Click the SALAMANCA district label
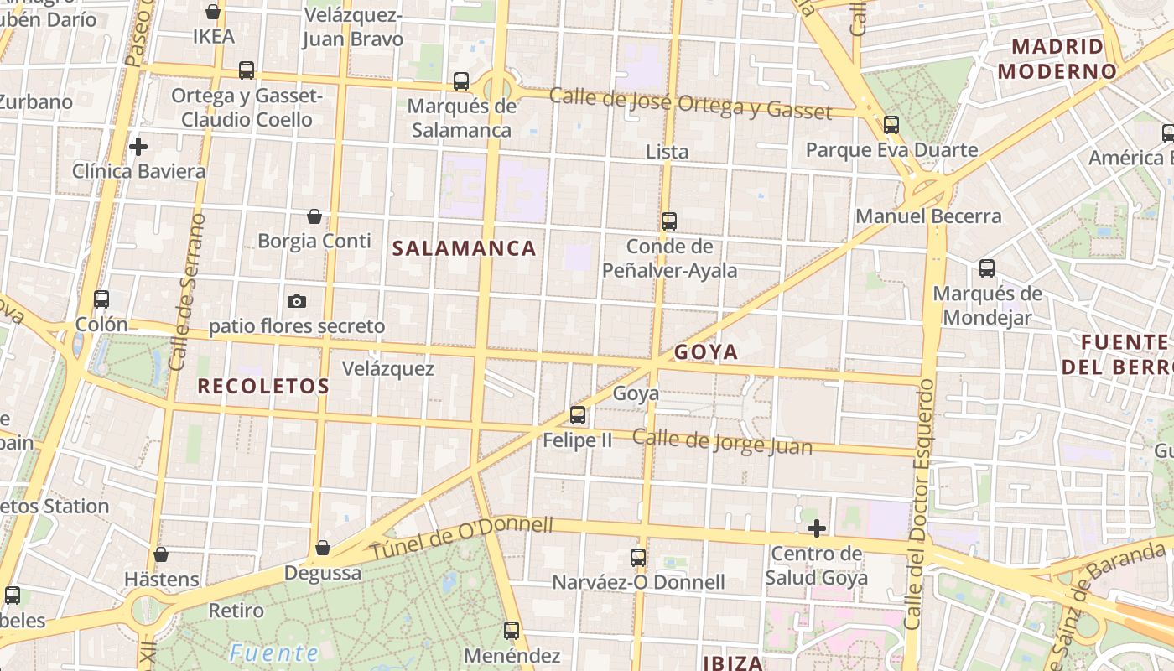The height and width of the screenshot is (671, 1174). (464, 248)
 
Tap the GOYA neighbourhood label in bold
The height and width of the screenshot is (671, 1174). (706, 352)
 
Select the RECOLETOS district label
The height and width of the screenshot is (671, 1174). (263, 387)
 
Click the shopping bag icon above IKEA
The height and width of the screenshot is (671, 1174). (213, 12)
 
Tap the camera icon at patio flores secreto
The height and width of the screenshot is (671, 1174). (296, 301)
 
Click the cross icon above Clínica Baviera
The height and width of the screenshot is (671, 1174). (138, 147)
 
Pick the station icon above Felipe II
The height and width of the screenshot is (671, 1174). (577, 414)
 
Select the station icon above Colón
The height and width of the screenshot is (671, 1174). (101, 299)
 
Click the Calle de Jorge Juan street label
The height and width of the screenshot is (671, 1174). (722, 441)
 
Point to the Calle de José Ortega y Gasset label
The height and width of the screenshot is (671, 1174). (690, 103)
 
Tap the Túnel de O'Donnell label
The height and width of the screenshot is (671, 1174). (462, 538)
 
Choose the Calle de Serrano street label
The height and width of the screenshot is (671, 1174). (187, 292)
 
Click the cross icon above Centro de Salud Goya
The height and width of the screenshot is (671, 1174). (816, 528)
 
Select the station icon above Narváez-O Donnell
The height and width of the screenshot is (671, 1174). (638, 557)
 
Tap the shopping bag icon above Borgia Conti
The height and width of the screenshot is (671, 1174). (314, 217)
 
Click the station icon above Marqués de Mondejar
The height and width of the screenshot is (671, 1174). (987, 269)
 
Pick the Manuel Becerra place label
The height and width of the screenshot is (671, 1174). (928, 216)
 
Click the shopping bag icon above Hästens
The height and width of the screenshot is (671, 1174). (161, 555)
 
